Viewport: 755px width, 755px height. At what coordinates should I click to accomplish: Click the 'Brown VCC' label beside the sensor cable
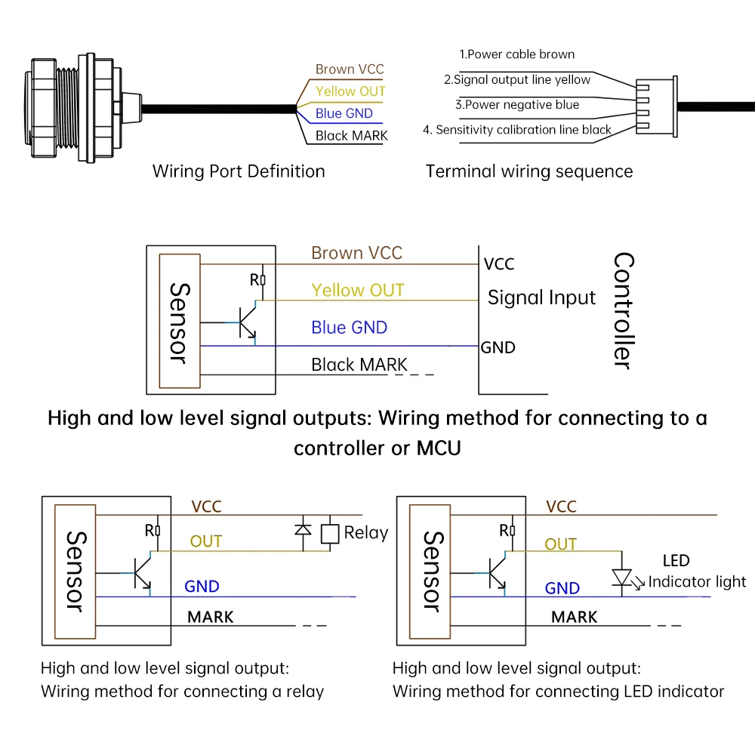(x=350, y=69)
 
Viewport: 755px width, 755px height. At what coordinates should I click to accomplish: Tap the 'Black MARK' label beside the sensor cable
(x=351, y=136)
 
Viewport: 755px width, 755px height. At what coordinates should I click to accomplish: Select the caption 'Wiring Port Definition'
(x=239, y=171)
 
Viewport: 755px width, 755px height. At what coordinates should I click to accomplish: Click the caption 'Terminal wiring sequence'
(x=529, y=171)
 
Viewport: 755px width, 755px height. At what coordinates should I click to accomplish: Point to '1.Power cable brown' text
(x=517, y=54)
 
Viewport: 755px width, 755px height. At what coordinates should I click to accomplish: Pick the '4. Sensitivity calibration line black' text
(x=517, y=130)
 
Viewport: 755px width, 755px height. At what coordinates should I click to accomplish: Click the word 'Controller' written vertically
(x=623, y=310)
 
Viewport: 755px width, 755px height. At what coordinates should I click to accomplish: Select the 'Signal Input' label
(x=541, y=297)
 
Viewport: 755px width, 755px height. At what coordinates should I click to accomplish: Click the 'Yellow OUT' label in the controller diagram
(x=358, y=291)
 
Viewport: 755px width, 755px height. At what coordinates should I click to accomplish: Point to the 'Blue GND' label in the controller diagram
(x=349, y=328)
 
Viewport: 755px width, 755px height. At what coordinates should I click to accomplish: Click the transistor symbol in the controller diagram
(x=247, y=322)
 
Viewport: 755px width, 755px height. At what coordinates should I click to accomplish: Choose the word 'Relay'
(x=365, y=533)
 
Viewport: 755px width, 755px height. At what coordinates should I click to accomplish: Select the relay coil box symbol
(x=329, y=533)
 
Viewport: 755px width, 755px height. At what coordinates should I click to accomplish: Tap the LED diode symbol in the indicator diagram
(x=621, y=578)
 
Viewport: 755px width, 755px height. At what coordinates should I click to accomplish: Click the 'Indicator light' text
(x=697, y=581)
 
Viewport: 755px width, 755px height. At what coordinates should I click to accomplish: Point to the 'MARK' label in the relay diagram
(x=211, y=617)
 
